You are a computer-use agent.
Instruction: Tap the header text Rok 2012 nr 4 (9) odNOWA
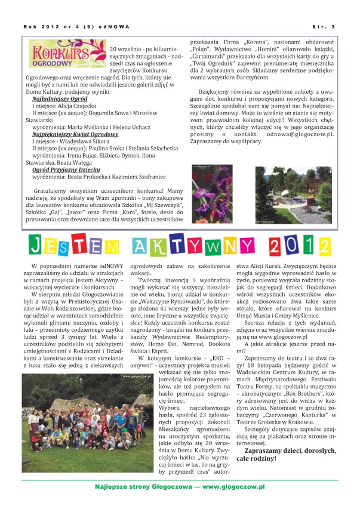[77, 26]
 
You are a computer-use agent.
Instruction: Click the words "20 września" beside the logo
[125, 48]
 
